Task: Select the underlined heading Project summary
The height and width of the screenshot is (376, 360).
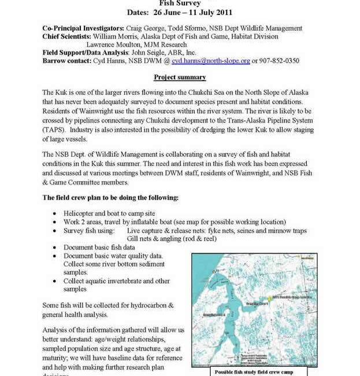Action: (x=180, y=77)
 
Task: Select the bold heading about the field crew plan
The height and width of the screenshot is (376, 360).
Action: (x=110, y=198)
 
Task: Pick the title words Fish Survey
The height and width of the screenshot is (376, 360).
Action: (x=180, y=3)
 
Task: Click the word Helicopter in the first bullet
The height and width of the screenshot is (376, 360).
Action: (x=83, y=214)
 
